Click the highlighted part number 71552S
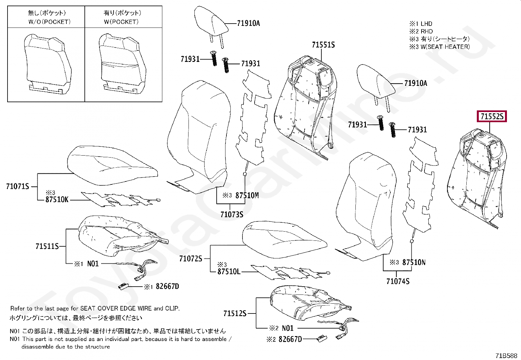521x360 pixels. point(492,116)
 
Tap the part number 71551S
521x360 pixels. point(323,45)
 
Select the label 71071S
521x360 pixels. point(18,186)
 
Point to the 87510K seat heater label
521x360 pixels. point(57,199)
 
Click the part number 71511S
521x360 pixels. point(47,246)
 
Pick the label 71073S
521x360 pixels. point(232,215)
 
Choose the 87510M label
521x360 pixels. point(247,196)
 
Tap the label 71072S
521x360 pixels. point(190,259)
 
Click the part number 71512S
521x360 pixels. point(235,313)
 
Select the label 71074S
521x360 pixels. point(398,281)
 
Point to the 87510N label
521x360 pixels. point(414,262)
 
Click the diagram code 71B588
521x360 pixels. point(506,356)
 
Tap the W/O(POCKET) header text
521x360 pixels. point(49,22)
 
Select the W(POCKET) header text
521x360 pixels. point(121,22)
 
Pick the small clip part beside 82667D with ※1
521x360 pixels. point(123,286)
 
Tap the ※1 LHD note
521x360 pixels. point(421,24)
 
